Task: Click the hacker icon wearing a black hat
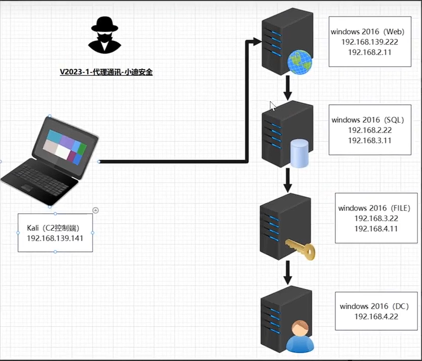click(x=105, y=35)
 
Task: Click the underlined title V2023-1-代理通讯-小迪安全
click(x=106, y=72)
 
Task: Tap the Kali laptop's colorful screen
click(x=65, y=147)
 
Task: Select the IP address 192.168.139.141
click(x=55, y=238)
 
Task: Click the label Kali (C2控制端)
click(x=53, y=228)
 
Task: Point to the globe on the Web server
click(x=299, y=62)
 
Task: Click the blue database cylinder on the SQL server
click(x=299, y=153)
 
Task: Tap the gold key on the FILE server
click(x=300, y=249)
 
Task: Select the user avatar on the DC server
click(x=300, y=336)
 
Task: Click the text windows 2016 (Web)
click(x=367, y=32)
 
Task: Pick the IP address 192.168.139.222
click(x=369, y=42)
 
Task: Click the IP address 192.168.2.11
click(x=369, y=52)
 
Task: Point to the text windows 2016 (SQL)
click(x=367, y=120)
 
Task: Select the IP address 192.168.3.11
click(x=369, y=140)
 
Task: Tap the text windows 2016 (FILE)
click(x=374, y=208)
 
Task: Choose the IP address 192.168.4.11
click(x=376, y=229)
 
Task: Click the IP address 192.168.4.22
click(x=376, y=316)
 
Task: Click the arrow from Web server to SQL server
click(x=288, y=88)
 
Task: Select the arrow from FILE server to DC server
click(x=288, y=273)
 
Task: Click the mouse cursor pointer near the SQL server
click(x=273, y=106)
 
